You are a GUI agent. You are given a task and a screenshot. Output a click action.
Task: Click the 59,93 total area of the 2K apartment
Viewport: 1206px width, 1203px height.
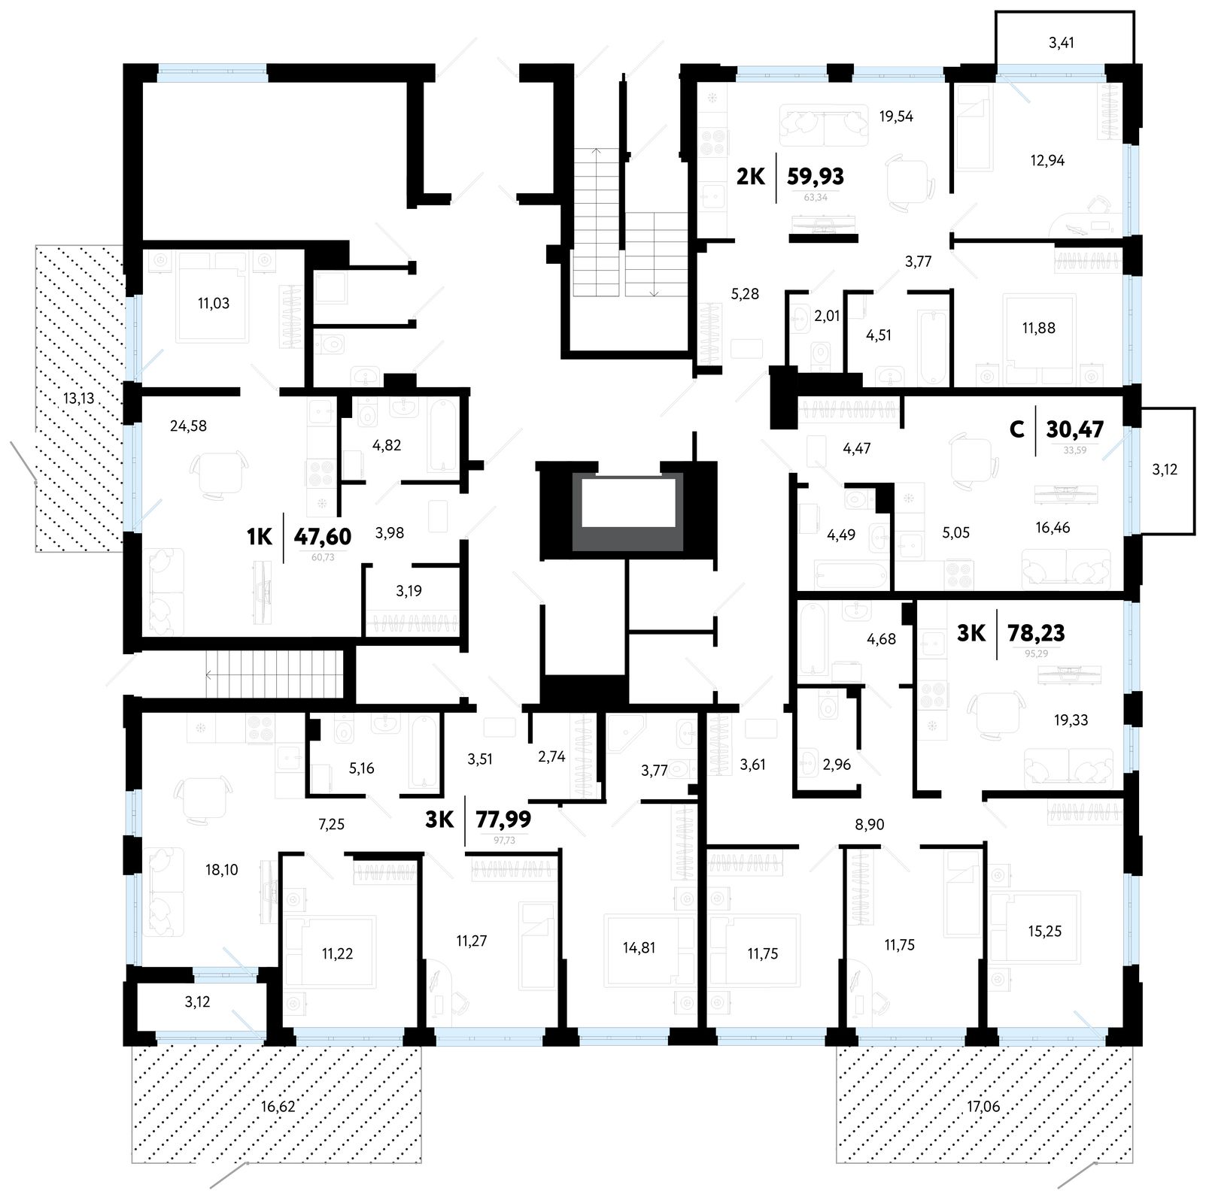815,177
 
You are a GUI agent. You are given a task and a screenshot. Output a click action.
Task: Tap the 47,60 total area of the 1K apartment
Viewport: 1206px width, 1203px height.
322,537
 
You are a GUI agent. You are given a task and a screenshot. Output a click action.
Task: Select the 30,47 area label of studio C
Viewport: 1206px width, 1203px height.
1074,430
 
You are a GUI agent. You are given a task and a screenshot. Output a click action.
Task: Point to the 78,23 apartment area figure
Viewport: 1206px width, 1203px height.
1035,633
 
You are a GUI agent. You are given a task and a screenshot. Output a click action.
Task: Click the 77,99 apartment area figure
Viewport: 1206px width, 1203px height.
503,819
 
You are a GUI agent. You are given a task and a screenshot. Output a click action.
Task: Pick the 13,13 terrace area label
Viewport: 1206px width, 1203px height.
78,398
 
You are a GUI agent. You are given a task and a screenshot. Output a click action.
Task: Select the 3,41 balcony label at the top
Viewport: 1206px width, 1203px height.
1061,43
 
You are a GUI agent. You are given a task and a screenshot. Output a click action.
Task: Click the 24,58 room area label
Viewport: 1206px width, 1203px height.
188,426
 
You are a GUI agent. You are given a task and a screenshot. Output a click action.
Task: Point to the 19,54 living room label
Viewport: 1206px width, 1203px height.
896,117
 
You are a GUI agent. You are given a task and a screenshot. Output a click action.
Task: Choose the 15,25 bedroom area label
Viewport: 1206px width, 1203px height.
1045,932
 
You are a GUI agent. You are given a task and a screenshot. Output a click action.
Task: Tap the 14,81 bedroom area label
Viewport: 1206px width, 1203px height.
639,948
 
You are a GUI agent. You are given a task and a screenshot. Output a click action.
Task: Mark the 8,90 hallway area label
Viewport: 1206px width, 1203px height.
870,825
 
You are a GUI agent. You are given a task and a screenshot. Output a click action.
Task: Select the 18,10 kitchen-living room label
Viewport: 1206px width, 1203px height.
222,870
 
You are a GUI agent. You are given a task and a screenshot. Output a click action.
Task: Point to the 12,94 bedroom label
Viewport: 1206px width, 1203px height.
1047,161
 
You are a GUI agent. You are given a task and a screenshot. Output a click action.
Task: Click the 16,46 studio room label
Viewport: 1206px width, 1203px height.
1053,528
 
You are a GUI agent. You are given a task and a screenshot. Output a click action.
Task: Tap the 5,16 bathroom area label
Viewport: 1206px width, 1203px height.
362,768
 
